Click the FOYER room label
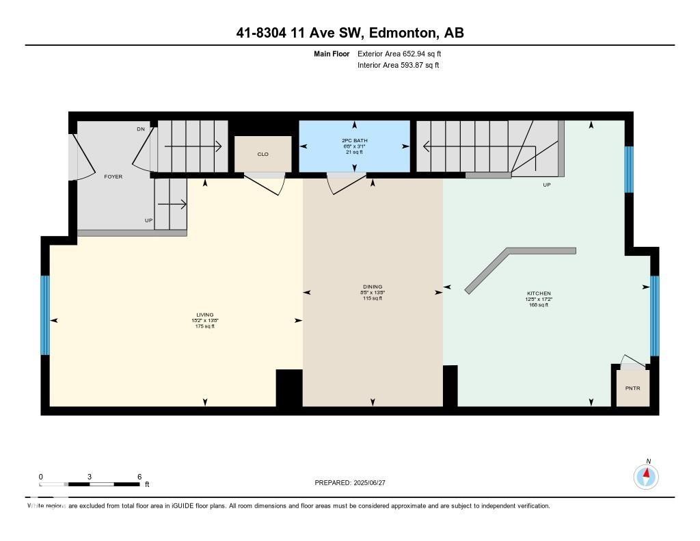(x=113, y=176)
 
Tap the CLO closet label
(x=263, y=155)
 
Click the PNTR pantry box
(x=632, y=388)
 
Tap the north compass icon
(x=646, y=475)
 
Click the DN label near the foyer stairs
(x=141, y=129)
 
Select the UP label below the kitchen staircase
(x=546, y=185)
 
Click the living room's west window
(x=45, y=315)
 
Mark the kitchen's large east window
(x=654, y=316)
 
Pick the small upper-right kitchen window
(x=630, y=170)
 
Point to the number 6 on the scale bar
(x=139, y=477)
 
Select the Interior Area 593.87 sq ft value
(x=398, y=66)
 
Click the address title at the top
(x=350, y=33)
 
